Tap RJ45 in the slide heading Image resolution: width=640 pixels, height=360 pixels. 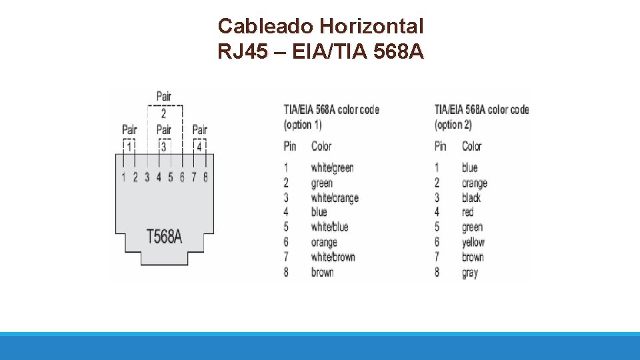coord(237,51)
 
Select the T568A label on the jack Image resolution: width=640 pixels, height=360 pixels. coord(164,236)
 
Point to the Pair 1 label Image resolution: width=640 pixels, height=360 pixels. coord(129,137)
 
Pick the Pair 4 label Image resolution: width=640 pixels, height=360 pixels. coord(199,137)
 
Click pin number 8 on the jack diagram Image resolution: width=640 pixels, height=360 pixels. coord(205,177)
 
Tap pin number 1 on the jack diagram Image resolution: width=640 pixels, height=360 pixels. coord(123,177)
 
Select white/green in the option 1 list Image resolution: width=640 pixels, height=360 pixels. coord(332,167)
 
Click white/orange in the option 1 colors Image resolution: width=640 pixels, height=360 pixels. coord(335,198)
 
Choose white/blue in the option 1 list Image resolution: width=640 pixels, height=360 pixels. coord(329,227)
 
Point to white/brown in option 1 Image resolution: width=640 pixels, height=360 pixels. coord(333,257)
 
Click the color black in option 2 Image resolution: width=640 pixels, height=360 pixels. coord(471,198)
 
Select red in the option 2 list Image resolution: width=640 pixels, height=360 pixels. coord(467,213)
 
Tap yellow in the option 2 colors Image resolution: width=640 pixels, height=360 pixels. coord(473,243)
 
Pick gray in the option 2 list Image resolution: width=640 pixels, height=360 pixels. coord(470,273)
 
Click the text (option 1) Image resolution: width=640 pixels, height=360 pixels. coord(303,125)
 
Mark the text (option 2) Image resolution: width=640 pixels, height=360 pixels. coord(453,125)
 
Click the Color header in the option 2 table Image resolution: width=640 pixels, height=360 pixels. coord(471,146)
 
